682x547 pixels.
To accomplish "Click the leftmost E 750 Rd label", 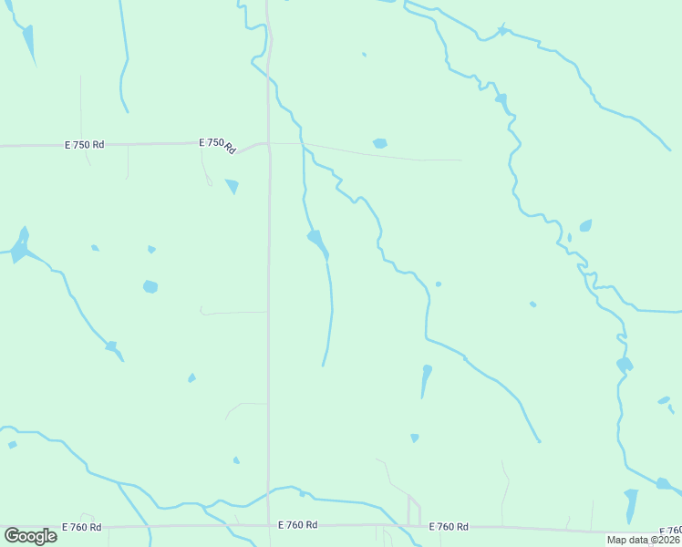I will pyautogui.click(x=85, y=144).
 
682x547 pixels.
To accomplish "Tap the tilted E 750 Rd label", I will pyautogui.click(x=217, y=144).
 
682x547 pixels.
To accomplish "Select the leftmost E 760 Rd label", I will pyautogui.click(x=82, y=527).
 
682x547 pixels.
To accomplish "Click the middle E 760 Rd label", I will pyautogui.click(x=298, y=525).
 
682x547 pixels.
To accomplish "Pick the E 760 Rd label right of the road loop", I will pyautogui.click(x=449, y=527).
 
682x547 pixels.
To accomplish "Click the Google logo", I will pyautogui.click(x=30, y=536).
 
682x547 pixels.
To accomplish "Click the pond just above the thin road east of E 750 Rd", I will pyautogui.click(x=379, y=143).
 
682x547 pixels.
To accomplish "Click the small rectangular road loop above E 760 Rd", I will pyautogui.click(x=414, y=511).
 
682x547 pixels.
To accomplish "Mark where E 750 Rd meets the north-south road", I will pyautogui.click(x=268, y=143).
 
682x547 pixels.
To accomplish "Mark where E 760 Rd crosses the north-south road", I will pyautogui.click(x=268, y=526).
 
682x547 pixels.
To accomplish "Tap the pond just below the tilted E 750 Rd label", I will pyautogui.click(x=232, y=187).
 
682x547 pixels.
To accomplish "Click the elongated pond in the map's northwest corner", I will pyautogui.click(x=29, y=42).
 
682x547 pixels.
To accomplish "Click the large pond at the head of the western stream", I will pyautogui.click(x=19, y=245).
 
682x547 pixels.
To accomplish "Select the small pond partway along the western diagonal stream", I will pyautogui.click(x=111, y=346).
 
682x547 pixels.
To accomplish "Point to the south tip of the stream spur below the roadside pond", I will pyautogui.click(x=323, y=366).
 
